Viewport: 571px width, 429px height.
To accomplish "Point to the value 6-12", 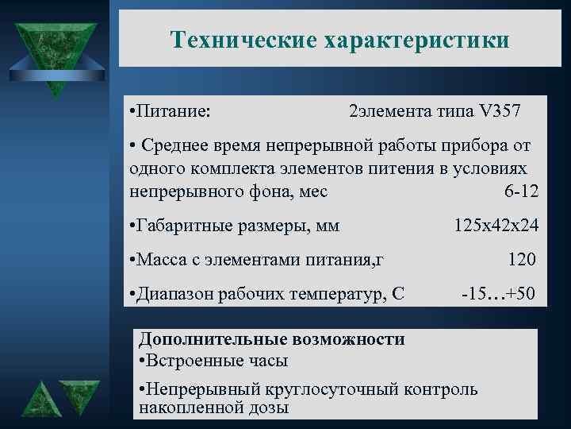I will [x=521, y=191].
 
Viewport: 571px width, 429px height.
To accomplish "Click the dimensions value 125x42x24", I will [x=496, y=226].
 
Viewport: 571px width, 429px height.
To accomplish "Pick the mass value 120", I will [x=521, y=260].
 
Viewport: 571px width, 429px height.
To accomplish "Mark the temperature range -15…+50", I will [x=499, y=294].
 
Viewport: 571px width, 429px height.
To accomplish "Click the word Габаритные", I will [x=185, y=226].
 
